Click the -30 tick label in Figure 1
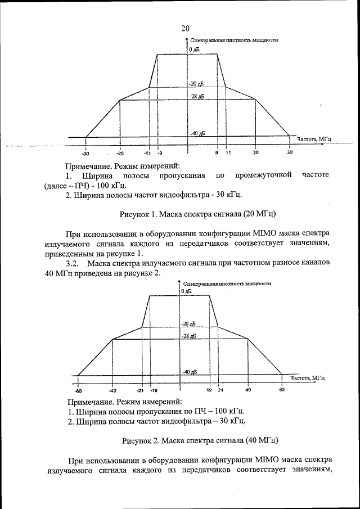(x=85, y=153)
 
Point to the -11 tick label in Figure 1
(x=147, y=153)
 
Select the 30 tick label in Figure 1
(x=290, y=152)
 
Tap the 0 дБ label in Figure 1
(x=195, y=50)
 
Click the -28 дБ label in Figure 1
(x=196, y=97)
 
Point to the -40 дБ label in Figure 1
(x=197, y=133)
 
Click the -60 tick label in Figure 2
(x=78, y=390)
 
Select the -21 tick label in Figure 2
(x=141, y=390)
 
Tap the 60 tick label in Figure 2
(x=282, y=390)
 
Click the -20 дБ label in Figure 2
(x=188, y=324)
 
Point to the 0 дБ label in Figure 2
(x=186, y=291)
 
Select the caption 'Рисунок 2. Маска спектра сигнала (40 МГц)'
(x=200, y=440)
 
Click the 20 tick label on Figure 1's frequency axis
(x=255, y=152)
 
